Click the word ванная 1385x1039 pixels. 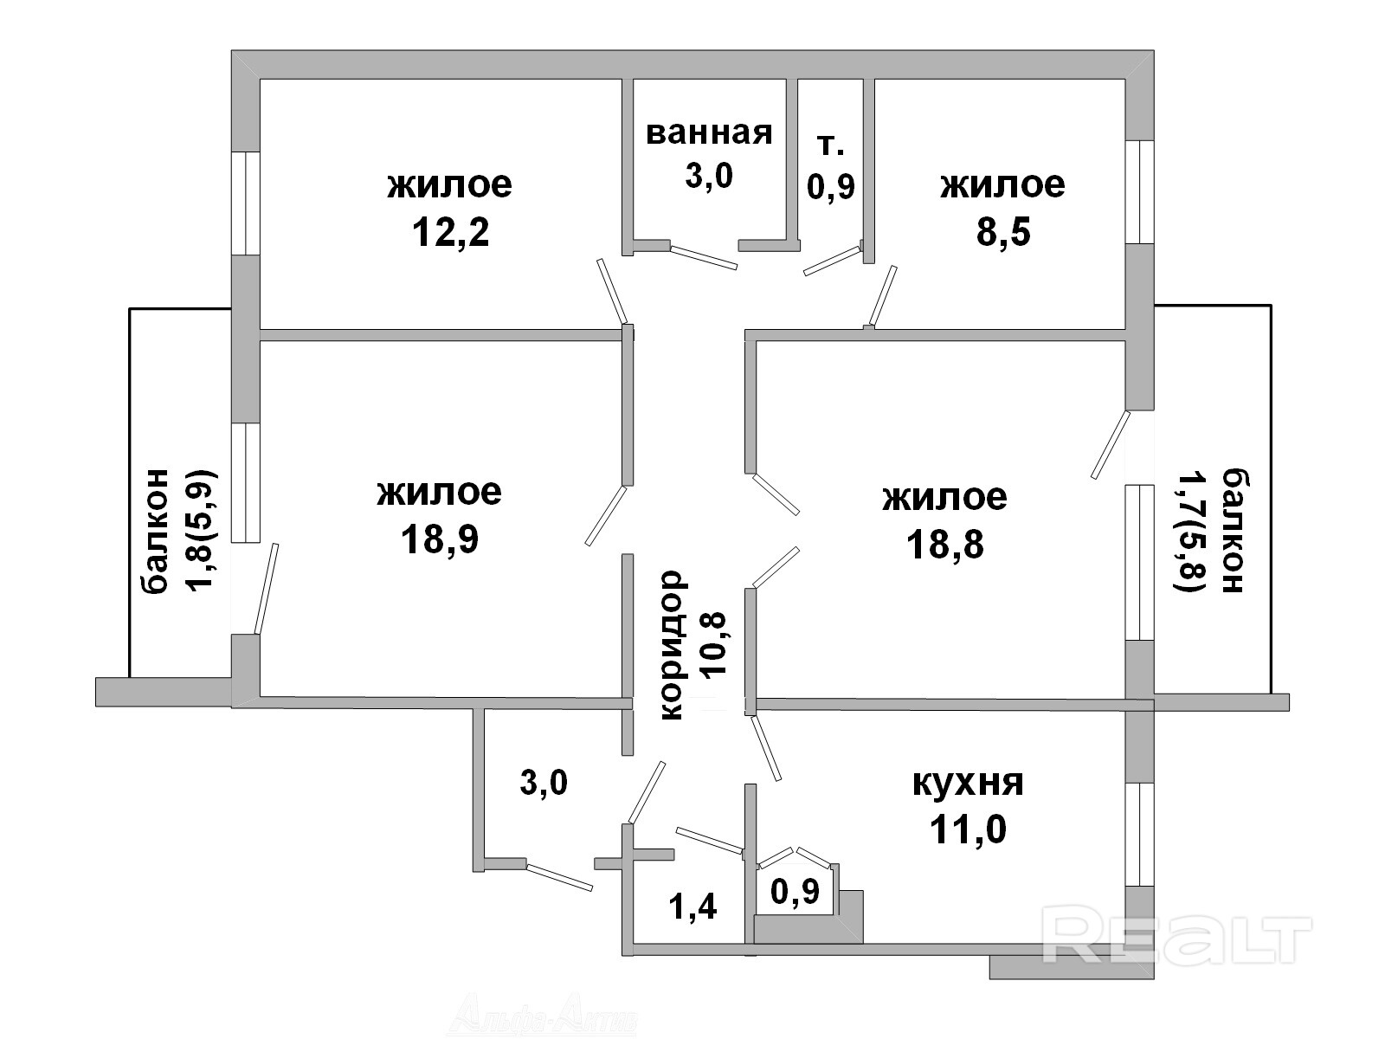click(709, 133)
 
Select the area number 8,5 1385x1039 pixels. click(1003, 231)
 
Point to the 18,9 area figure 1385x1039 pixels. click(440, 539)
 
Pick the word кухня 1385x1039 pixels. click(968, 784)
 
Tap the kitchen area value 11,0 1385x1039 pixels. click(968, 829)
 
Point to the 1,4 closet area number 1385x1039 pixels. click(692, 907)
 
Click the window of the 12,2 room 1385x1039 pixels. click(246, 203)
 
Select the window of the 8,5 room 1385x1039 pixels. click(1139, 191)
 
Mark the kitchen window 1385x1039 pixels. click(1139, 835)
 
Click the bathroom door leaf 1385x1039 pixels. click(703, 257)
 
